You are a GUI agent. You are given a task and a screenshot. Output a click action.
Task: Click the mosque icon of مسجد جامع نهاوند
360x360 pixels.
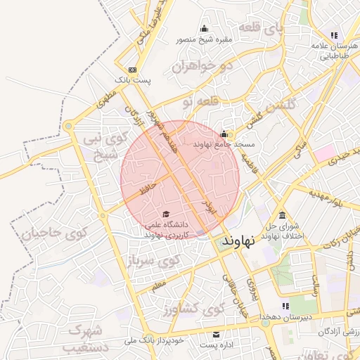pyautogui.click(x=224, y=134)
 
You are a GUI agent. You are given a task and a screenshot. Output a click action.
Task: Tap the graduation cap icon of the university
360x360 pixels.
pyautogui.click(x=166, y=214)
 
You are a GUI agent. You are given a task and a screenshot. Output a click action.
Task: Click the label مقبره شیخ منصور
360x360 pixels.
pyautogui.click(x=205, y=40)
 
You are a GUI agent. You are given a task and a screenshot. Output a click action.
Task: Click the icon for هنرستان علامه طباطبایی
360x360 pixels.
pyautogui.click(x=334, y=35)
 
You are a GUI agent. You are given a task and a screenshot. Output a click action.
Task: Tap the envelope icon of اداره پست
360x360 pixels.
pyautogui.click(x=216, y=333)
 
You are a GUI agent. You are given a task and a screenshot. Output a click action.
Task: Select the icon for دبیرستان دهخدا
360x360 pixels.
pyautogui.click(x=285, y=306)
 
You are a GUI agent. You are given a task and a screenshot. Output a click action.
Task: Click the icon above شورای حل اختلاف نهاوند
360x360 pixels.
pyautogui.click(x=282, y=214)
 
